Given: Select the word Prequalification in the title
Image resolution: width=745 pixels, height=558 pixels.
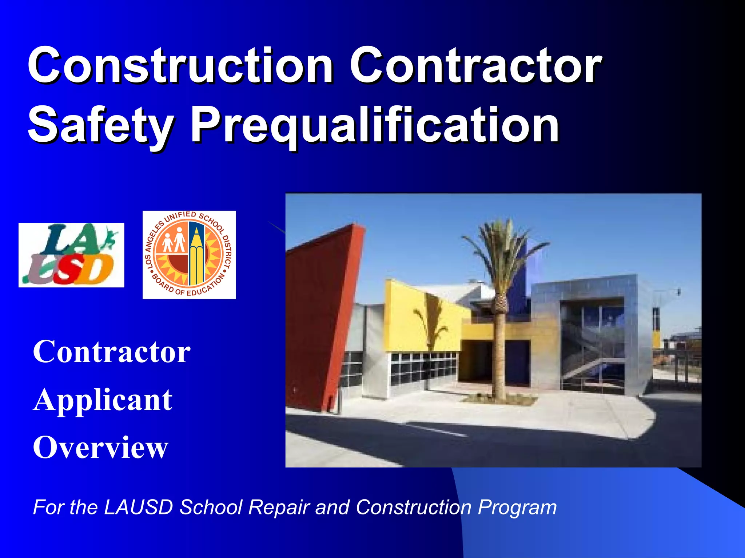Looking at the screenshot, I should (x=375, y=125).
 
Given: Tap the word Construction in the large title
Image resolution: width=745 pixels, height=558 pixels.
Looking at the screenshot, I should (x=180, y=66).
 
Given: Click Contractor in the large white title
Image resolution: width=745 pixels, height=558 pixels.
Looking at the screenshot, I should (x=475, y=66).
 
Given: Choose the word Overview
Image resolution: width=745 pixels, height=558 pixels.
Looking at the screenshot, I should (x=100, y=448).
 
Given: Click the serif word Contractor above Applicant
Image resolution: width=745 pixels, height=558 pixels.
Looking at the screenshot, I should (x=112, y=352).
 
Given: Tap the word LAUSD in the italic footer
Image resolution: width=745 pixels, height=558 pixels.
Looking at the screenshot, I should (x=138, y=507).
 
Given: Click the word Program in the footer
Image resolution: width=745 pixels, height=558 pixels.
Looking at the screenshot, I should (x=517, y=507).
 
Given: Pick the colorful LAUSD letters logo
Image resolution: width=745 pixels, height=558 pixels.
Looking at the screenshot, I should (x=71, y=255).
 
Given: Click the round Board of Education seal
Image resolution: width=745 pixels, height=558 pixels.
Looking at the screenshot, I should (x=189, y=255).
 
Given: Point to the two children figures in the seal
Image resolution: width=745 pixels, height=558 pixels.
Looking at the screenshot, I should (x=174, y=240).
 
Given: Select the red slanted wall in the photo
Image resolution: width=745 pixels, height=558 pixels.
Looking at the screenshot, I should (x=320, y=312).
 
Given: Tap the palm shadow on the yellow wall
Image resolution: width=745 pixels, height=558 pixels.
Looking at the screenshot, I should (x=429, y=323).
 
